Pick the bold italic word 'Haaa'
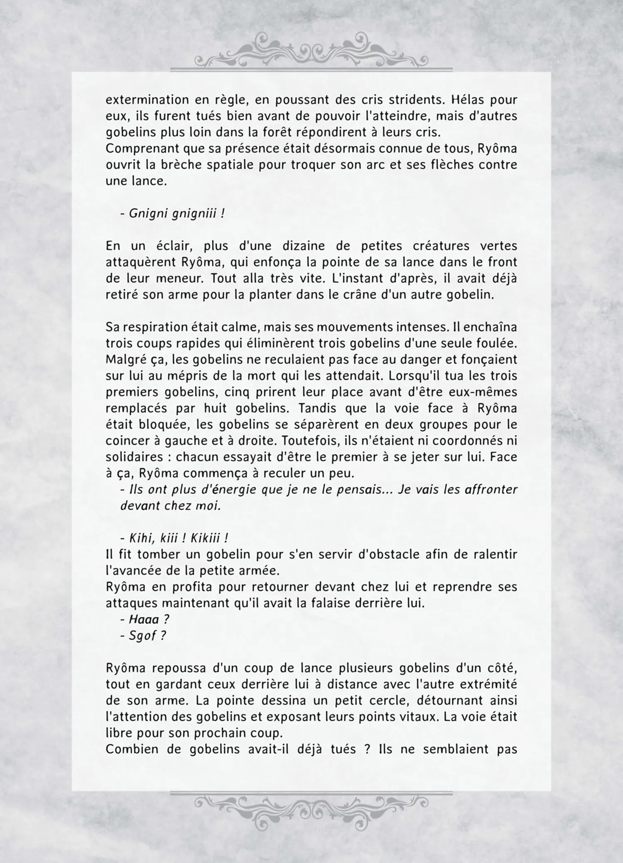144,619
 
